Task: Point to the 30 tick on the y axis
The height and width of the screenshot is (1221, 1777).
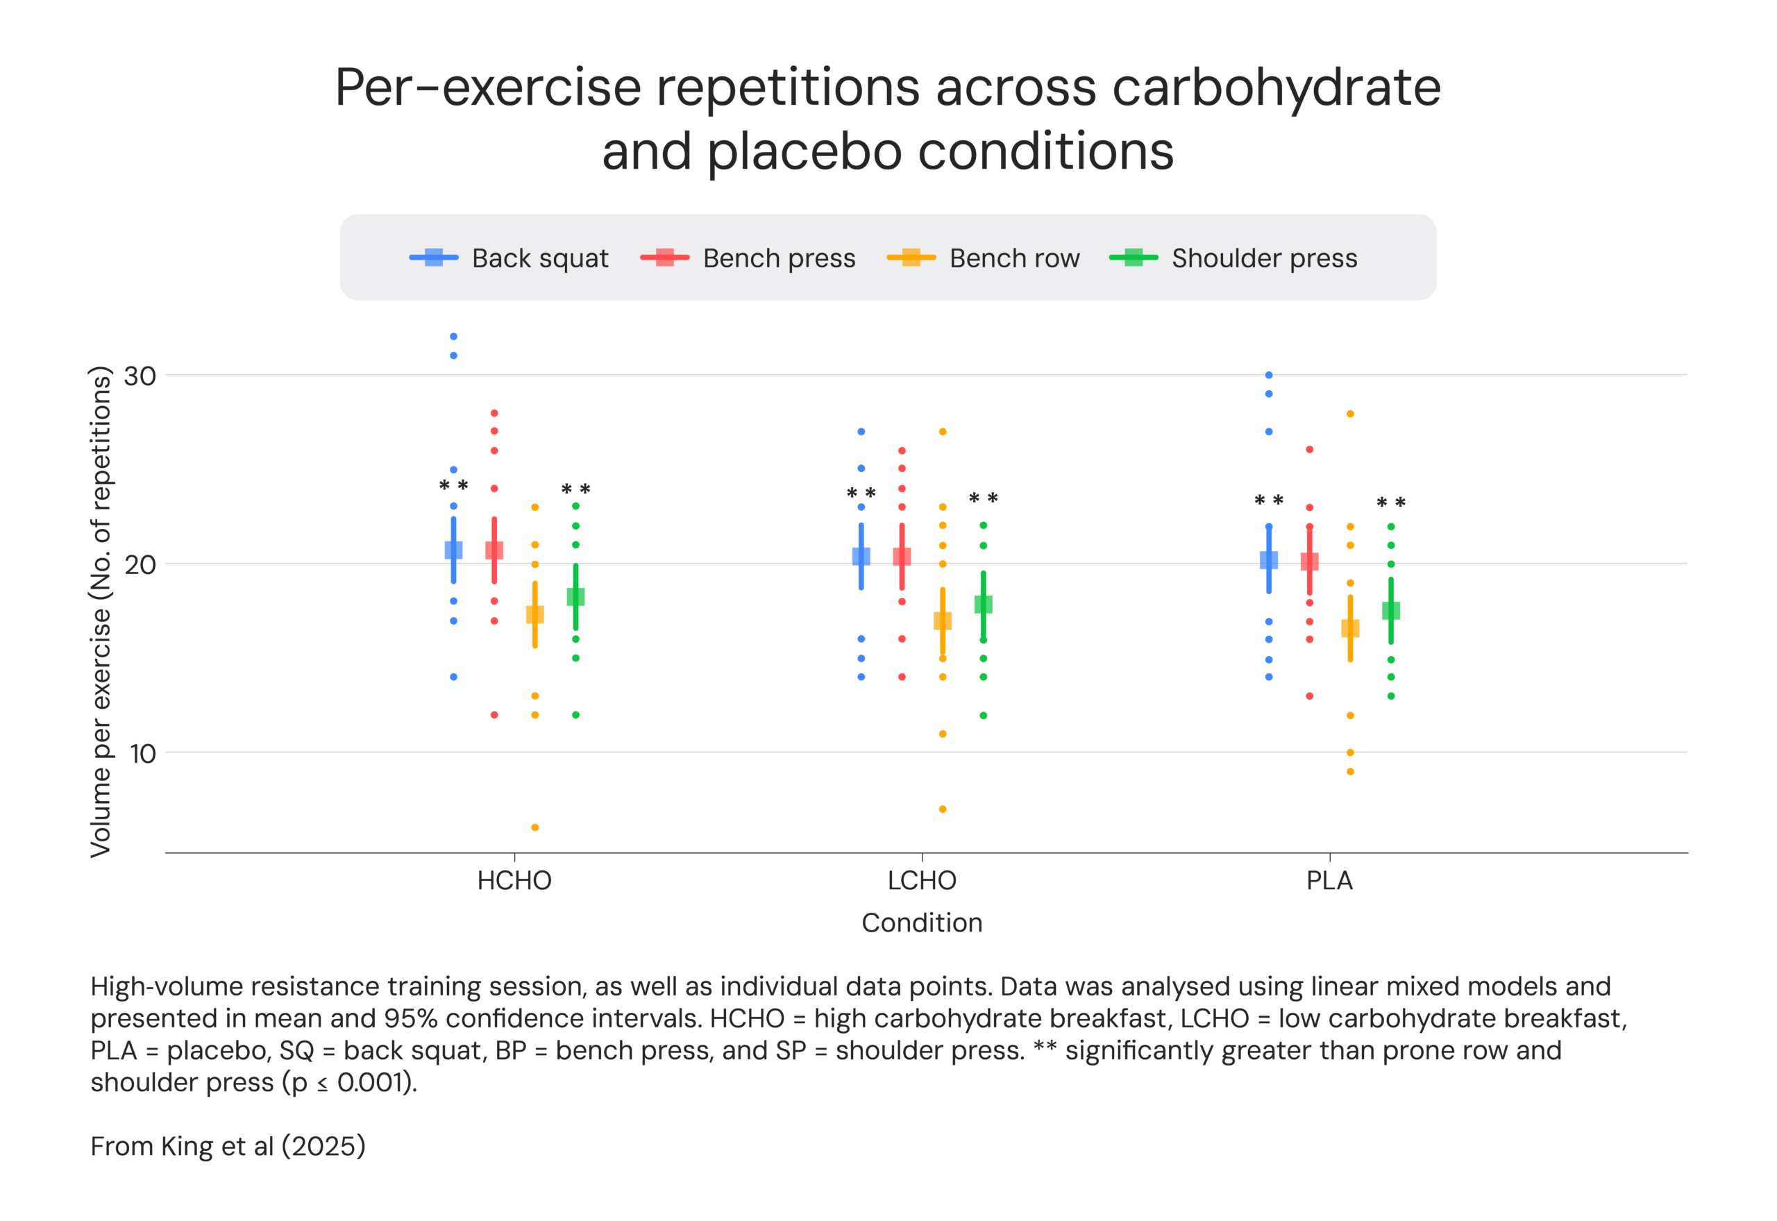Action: click(140, 376)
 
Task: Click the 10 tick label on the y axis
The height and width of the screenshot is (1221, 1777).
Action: click(142, 754)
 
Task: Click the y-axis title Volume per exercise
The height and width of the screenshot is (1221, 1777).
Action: click(101, 612)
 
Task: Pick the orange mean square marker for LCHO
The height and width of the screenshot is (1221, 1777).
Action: click(943, 621)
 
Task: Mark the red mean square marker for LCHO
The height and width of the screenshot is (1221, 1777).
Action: click(902, 556)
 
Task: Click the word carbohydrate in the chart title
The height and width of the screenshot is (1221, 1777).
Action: click(1276, 87)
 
